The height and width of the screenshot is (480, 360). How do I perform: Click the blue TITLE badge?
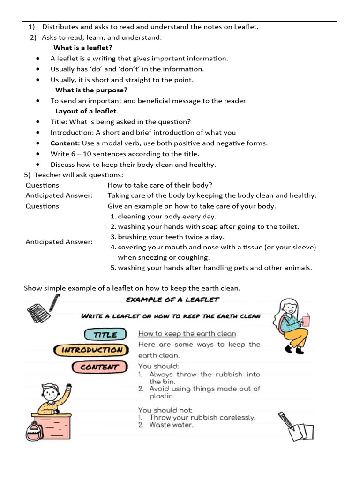pos(105,334)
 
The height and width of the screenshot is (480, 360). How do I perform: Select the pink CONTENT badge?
pos(99,367)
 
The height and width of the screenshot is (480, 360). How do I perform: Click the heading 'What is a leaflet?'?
pos(83,48)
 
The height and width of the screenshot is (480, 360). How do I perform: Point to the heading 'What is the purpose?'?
pos(91,90)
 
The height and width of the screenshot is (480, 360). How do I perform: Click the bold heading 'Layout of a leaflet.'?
pos(87,111)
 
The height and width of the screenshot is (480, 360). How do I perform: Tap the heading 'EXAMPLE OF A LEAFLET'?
pos(172,300)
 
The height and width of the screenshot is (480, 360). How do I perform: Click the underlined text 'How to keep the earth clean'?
pos(187,334)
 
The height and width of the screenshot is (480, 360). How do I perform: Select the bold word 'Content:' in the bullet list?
pos(65,143)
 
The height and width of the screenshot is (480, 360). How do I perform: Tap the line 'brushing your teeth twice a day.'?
pos(171,237)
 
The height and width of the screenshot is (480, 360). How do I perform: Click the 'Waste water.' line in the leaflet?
pos(171,425)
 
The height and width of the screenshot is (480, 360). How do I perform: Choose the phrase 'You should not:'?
pos(165,410)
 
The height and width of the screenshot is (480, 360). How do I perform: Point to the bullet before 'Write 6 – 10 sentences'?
pos(37,154)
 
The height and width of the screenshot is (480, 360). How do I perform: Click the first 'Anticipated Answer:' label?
pos(59,195)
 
